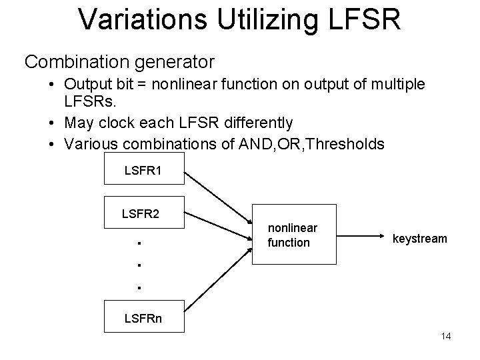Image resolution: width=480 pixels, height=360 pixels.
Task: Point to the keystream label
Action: coord(420,238)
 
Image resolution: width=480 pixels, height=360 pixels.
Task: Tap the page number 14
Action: coord(446,336)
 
